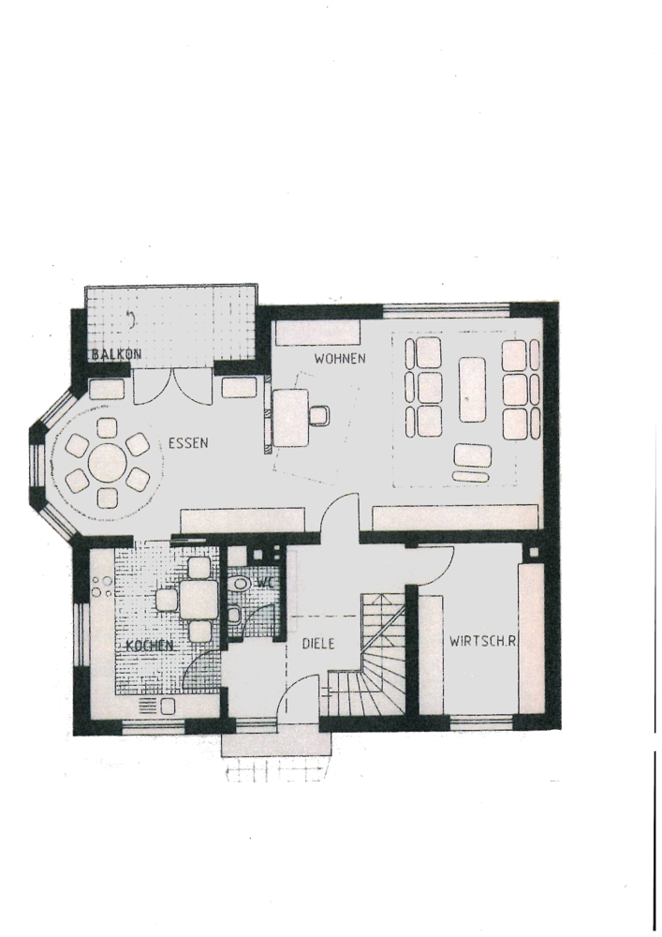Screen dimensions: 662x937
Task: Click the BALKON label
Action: (x=116, y=354)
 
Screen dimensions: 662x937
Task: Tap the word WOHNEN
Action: (x=340, y=359)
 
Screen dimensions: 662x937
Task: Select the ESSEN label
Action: (x=188, y=443)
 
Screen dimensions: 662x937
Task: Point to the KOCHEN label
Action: (x=150, y=646)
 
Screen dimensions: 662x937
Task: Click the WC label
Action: (x=264, y=582)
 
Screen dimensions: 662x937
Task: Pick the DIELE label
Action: (x=318, y=645)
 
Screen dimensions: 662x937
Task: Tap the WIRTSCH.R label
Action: (x=482, y=642)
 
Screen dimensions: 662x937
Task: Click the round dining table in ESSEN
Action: (x=108, y=463)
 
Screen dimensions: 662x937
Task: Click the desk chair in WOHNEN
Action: (x=319, y=415)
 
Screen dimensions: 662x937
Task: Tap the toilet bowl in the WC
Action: (x=241, y=583)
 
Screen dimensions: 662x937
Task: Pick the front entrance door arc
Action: (x=300, y=693)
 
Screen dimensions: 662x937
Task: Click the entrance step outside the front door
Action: (x=276, y=745)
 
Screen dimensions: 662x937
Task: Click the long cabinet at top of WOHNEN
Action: (x=318, y=333)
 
